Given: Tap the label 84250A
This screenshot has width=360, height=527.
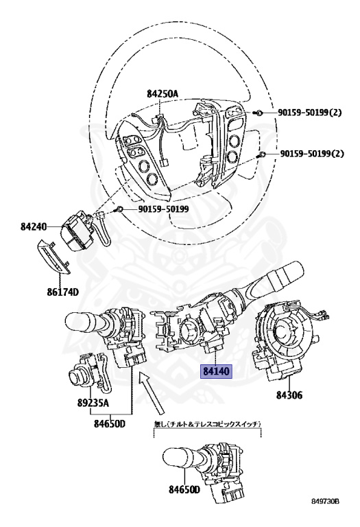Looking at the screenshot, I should (x=162, y=93).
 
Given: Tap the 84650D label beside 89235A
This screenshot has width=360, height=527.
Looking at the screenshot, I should (x=110, y=424).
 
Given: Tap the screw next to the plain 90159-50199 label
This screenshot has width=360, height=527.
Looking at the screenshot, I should (x=121, y=208).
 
